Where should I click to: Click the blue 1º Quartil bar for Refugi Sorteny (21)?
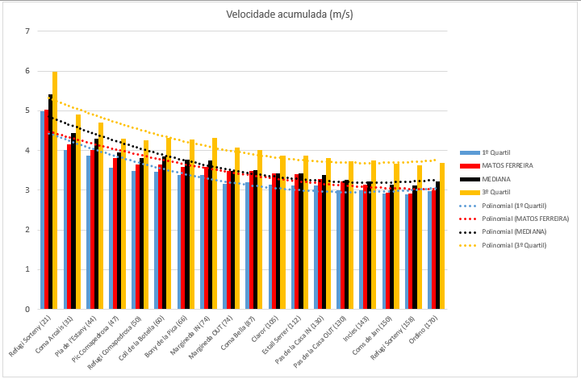pyautogui.click(x=43, y=210)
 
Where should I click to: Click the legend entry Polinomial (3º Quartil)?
pyautogui.click(x=512, y=244)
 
